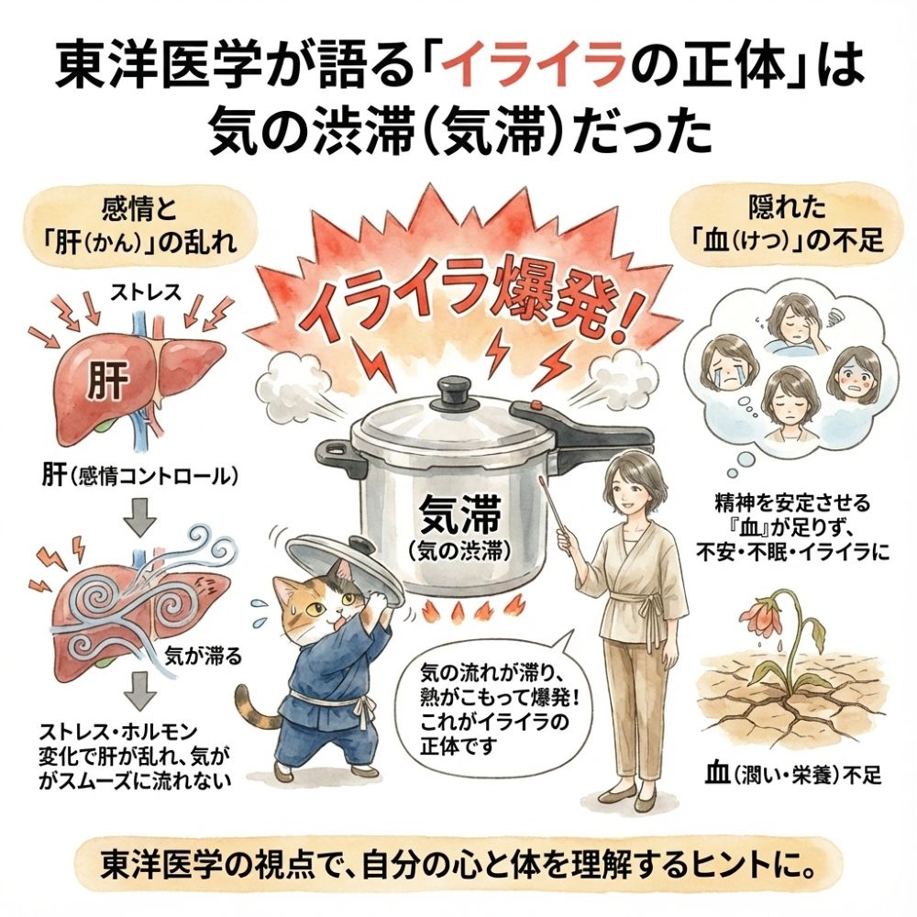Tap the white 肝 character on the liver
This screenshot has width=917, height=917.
(107, 380)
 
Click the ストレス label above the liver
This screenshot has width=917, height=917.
(146, 293)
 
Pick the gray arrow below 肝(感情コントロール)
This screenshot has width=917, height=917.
(141, 516)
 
